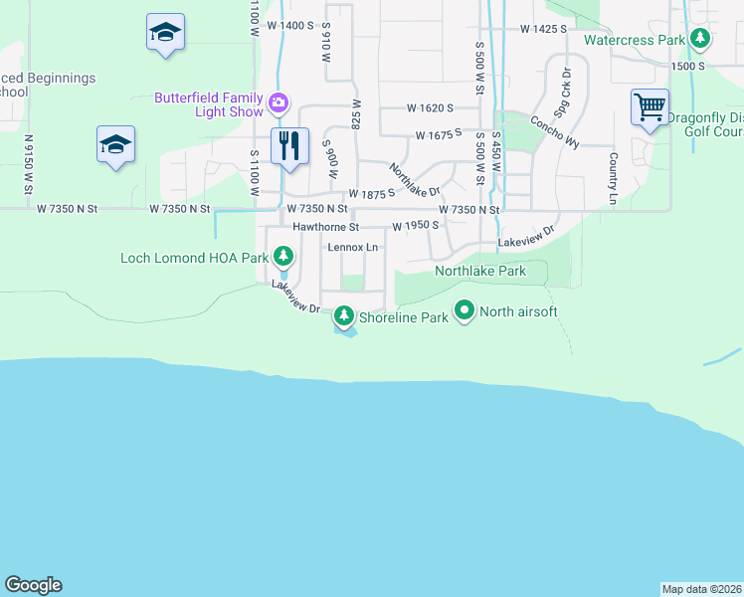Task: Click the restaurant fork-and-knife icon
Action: click(289, 145)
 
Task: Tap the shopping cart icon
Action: click(650, 105)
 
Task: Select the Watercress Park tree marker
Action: click(701, 40)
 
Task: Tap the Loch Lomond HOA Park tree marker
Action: click(283, 258)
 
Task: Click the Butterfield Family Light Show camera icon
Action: click(279, 101)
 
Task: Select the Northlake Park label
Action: click(479, 271)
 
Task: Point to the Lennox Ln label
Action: click(353, 247)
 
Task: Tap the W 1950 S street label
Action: click(416, 226)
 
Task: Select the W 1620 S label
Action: click(430, 107)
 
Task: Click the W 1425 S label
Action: click(542, 29)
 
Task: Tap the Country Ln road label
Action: click(613, 179)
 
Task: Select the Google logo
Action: click(33, 585)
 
